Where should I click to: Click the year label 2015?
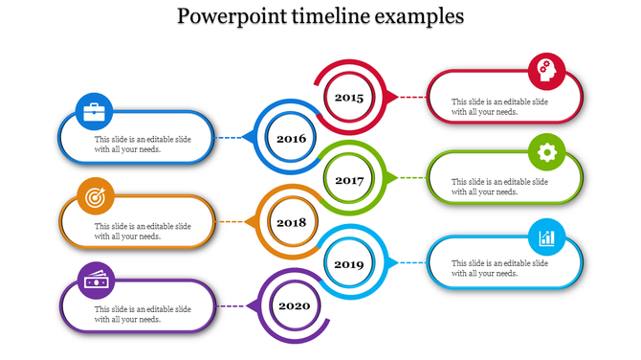point(349,97)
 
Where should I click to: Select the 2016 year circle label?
point(291,139)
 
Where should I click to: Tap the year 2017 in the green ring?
point(349,180)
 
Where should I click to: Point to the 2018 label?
point(291,222)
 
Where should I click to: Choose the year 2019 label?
point(349,263)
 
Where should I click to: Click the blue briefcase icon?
point(95,112)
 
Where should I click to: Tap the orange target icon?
point(95,196)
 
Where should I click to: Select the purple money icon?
point(95,280)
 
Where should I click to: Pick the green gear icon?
point(546,152)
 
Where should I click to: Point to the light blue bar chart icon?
point(546,236)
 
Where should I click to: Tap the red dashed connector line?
point(412,97)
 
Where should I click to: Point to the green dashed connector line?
point(412,178)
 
